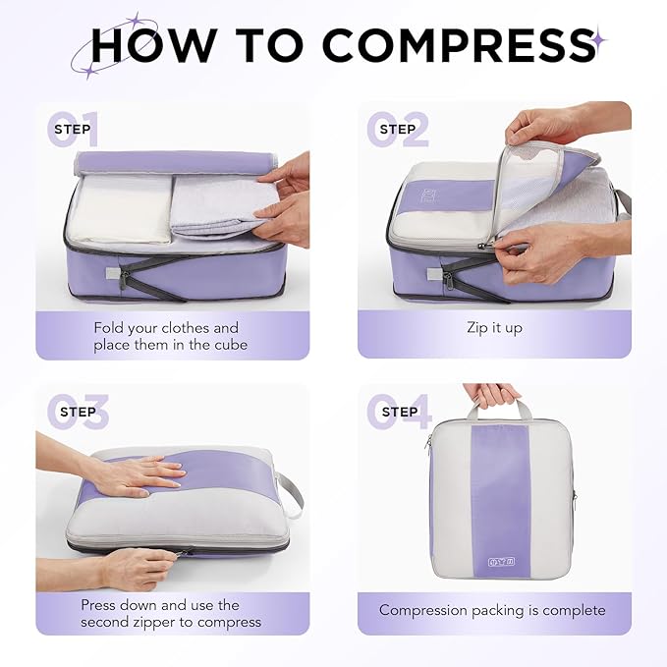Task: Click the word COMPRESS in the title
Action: point(456,44)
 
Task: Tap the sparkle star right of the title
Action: point(598,40)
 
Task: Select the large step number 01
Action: point(73,130)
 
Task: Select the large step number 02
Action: point(398,130)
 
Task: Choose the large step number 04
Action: point(399,412)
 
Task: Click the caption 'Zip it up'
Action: point(494,328)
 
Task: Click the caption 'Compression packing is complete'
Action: point(493,610)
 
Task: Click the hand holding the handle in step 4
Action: point(492,393)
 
